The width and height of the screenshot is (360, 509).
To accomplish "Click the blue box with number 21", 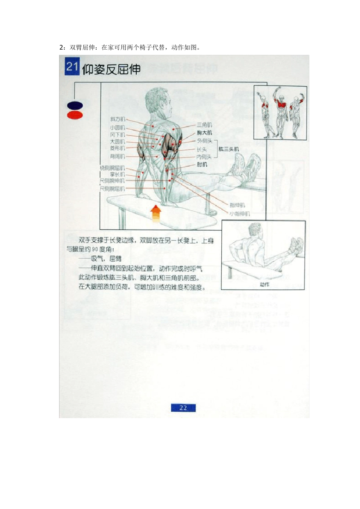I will (72, 67).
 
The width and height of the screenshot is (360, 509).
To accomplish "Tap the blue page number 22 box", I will (183, 408).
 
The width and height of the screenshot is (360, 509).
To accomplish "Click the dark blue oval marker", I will (75, 106).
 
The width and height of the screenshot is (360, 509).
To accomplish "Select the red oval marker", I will (75, 115).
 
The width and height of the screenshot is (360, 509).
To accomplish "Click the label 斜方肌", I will (117, 120).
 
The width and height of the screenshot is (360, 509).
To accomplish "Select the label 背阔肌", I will (117, 156).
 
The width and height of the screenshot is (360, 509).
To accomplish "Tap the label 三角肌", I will (204, 125).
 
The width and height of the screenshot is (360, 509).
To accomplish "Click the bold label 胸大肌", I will (204, 133).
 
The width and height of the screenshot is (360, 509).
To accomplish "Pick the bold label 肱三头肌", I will (229, 149).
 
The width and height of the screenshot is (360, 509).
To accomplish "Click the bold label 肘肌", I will (202, 164).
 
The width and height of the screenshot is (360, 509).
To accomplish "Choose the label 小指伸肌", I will (239, 214).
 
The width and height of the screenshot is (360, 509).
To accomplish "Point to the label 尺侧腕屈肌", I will (112, 188).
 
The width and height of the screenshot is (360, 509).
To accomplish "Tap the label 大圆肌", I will (117, 141).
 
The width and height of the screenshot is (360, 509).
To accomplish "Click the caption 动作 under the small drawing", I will (265, 284).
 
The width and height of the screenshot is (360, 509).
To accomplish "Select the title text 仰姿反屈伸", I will (111, 69).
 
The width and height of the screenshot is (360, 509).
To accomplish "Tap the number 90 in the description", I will (95, 249).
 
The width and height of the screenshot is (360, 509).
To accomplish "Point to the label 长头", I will (202, 149).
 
